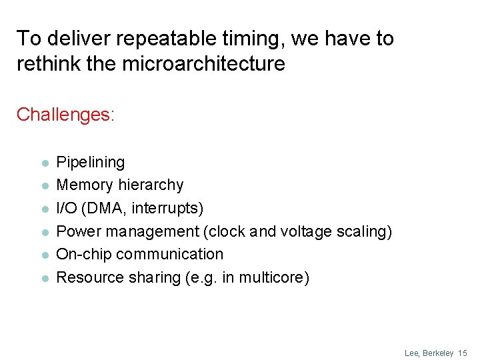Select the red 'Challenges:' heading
click(x=65, y=115)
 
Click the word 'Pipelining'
click(x=90, y=162)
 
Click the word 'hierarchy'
click(x=150, y=185)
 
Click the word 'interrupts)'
click(x=167, y=208)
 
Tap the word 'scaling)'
click(x=366, y=231)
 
